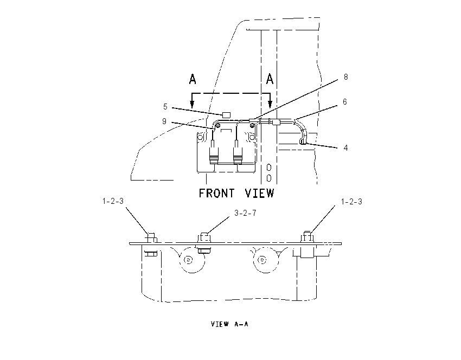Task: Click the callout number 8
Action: click(x=346, y=77)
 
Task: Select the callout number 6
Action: click(x=345, y=102)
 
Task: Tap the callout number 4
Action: click(x=346, y=148)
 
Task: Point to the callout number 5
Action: click(x=165, y=107)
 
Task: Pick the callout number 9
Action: click(x=164, y=121)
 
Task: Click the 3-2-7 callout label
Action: click(x=245, y=213)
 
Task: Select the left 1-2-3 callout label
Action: click(x=113, y=201)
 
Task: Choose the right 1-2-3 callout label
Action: click(x=351, y=202)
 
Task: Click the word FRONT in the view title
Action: click(x=217, y=194)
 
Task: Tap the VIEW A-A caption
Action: click(x=229, y=324)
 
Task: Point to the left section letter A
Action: click(x=193, y=79)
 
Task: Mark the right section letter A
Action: click(x=270, y=79)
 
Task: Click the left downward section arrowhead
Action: click(x=192, y=104)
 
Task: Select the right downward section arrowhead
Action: click(x=270, y=104)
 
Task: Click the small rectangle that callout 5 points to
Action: click(x=226, y=115)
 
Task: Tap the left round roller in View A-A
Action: click(x=188, y=260)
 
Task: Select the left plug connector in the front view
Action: click(x=214, y=155)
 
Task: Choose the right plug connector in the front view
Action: click(x=238, y=155)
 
